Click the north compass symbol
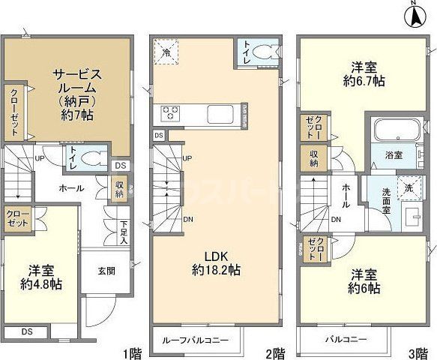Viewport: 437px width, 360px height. tap(418, 15)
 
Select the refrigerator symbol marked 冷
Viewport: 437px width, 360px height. tap(166, 53)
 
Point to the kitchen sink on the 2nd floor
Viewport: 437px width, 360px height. tap(218, 115)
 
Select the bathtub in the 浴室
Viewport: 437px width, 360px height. tap(393, 130)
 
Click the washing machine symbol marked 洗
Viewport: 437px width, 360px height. tap(409, 187)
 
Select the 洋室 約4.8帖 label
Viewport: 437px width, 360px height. tap(40, 277)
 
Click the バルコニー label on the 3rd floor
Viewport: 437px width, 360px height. tap(345, 340)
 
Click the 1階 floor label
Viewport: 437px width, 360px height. tap(132, 351)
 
